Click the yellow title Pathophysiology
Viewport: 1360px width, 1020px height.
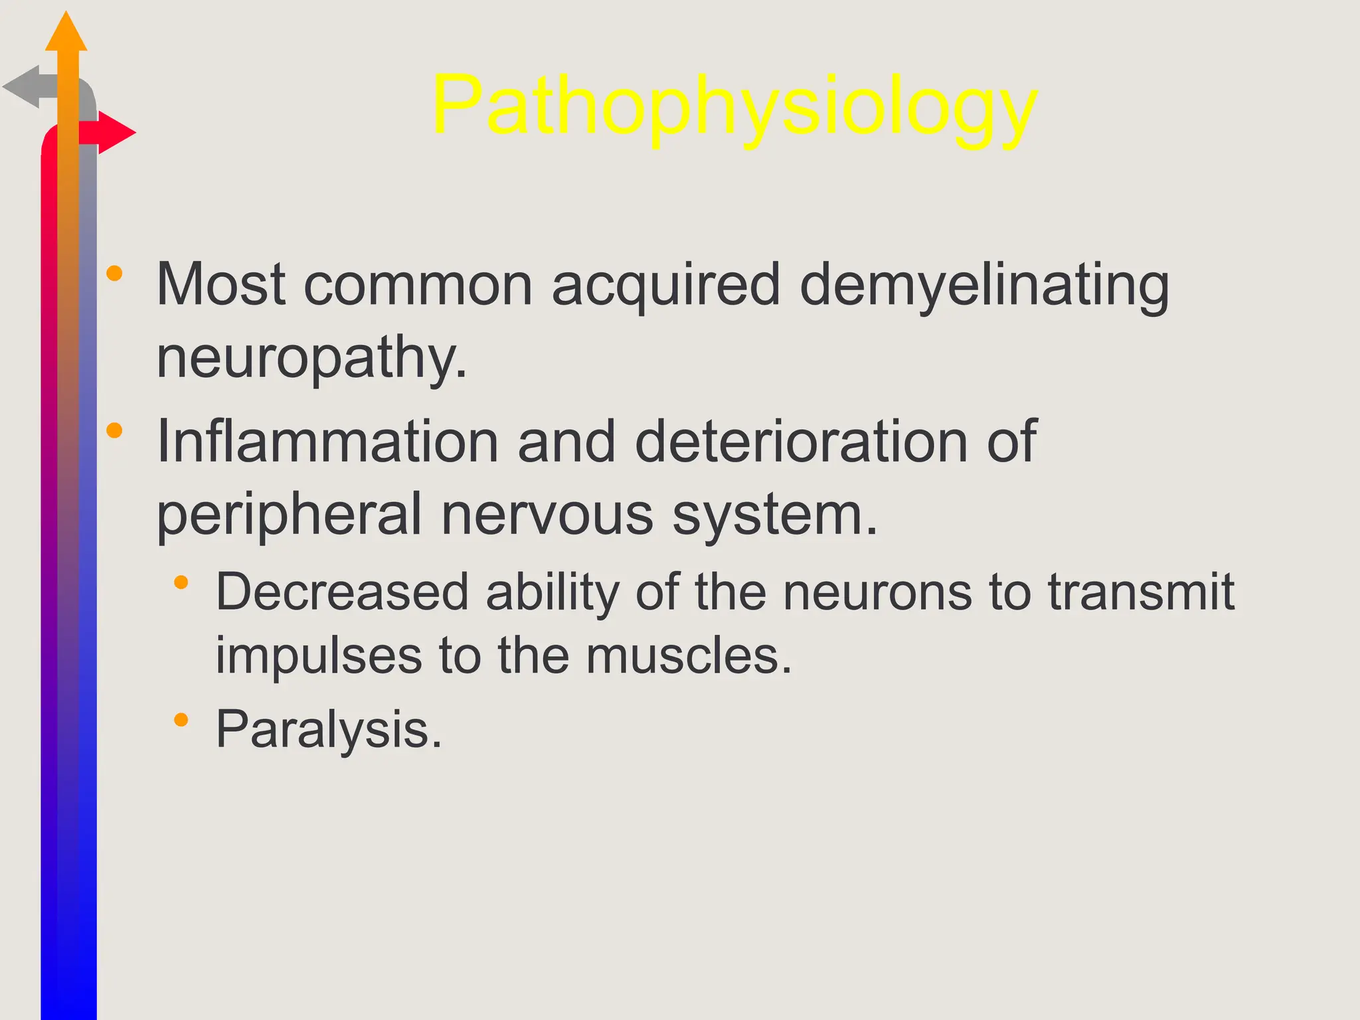click(x=734, y=106)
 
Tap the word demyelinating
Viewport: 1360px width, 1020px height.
click(x=984, y=286)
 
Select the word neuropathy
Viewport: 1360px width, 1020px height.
click(x=311, y=359)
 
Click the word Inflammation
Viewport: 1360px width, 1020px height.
click(x=327, y=442)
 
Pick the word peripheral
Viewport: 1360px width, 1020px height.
click(x=289, y=515)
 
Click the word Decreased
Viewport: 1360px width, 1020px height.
click(x=343, y=592)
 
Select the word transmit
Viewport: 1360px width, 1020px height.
click(x=1141, y=592)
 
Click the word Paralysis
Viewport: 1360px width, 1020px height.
click(x=329, y=730)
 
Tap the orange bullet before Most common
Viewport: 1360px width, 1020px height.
click(x=114, y=273)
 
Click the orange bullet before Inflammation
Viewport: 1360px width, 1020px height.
click(x=114, y=430)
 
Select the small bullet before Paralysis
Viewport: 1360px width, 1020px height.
click(x=181, y=720)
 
